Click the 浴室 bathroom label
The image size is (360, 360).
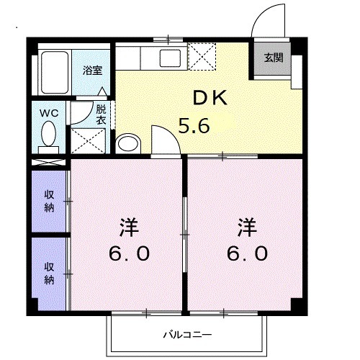coord(91,71)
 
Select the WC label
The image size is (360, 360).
coord(49,112)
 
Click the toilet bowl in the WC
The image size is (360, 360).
coord(50,135)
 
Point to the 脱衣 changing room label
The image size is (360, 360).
coord(101,115)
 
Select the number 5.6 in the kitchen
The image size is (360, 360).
coord(194,127)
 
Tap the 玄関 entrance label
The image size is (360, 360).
coord(273,58)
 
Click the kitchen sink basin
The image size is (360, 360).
coord(171,58)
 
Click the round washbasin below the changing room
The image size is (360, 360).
coord(127,143)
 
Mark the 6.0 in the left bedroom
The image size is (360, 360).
coord(130,254)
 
